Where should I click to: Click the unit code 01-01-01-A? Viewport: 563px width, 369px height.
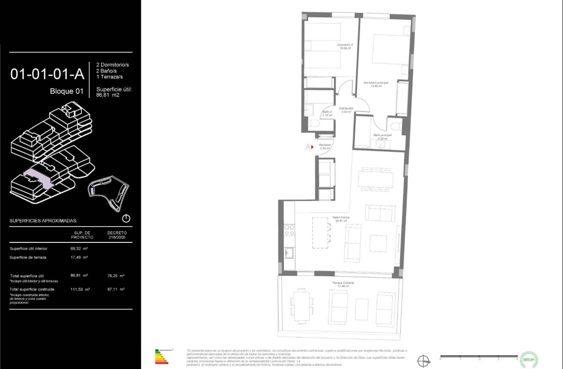[x=47, y=74]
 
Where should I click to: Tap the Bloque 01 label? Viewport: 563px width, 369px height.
[x=67, y=91]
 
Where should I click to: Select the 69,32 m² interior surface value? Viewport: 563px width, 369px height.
[x=79, y=248]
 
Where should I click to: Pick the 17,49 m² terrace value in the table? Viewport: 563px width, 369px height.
[x=79, y=257]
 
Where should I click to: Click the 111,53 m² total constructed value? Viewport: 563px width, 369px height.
[x=80, y=289]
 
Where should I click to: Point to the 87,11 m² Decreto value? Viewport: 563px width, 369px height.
[x=116, y=289]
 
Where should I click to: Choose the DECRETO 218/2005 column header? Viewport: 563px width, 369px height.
[x=117, y=235]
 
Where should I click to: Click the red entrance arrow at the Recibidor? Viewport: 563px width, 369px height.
[x=313, y=147]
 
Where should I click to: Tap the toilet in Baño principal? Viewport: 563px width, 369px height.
[x=395, y=126]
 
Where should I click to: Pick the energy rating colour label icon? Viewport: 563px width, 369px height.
[x=162, y=357]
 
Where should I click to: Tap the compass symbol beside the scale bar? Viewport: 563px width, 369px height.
[x=423, y=361]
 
